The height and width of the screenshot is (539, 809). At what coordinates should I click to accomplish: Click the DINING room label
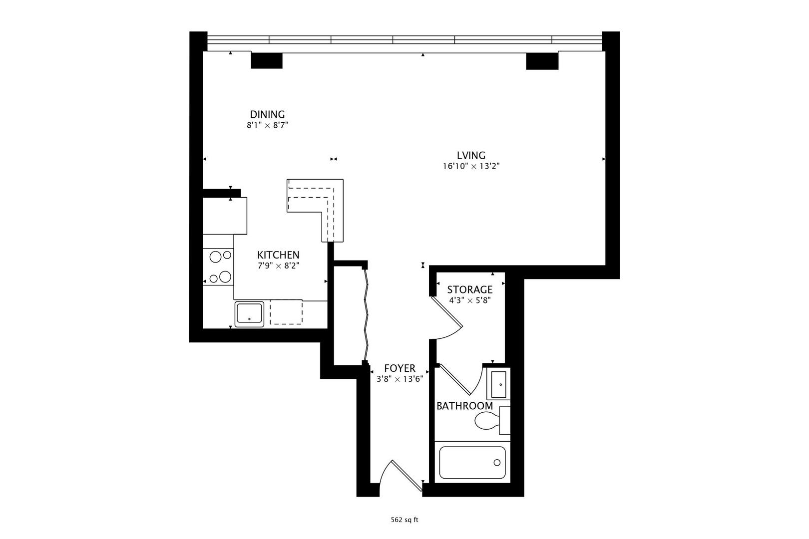click(267, 114)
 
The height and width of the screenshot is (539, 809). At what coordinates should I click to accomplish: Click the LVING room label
click(471, 155)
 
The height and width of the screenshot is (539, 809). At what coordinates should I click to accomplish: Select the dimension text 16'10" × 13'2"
click(471, 166)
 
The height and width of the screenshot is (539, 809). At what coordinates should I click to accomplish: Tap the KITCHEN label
click(278, 255)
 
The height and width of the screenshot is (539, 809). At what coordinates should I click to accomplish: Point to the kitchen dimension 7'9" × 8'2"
click(278, 266)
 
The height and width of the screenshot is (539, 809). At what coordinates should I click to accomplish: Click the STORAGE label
click(469, 289)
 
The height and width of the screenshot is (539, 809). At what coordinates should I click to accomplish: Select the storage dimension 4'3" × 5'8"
click(469, 300)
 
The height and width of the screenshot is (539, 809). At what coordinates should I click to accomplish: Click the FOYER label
click(400, 368)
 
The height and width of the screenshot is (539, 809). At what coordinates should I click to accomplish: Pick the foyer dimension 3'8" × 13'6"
click(400, 379)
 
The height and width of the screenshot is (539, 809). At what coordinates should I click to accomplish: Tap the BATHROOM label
click(464, 406)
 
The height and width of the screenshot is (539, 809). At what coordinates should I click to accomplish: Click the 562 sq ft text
click(404, 520)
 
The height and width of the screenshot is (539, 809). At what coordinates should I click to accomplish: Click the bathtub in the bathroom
click(472, 463)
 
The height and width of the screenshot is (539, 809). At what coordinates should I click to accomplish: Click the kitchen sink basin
click(249, 313)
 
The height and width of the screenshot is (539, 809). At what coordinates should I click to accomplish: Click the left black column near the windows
click(266, 60)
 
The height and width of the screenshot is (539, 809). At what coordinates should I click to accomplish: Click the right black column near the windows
click(542, 60)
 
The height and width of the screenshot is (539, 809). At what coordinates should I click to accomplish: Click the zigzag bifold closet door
click(367, 314)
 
